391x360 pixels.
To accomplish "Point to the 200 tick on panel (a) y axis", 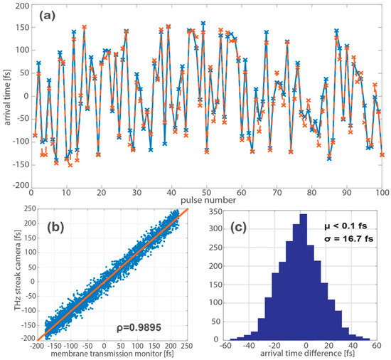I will [x=20, y=5].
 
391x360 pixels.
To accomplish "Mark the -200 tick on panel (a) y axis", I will [x=18, y=186].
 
